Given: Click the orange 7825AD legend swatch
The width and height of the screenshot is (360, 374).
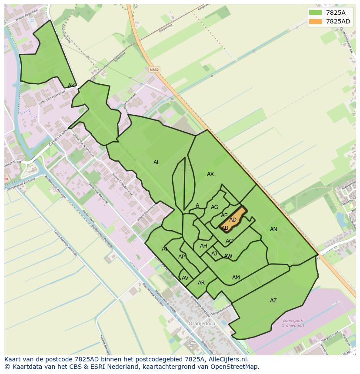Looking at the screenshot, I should pyautogui.click(x=316, y=22).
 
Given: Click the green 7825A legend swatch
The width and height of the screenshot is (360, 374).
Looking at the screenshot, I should pyautogui.click(x=316, y=13).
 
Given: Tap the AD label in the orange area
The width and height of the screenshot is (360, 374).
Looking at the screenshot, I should pyautogui.click(x=233, y=220).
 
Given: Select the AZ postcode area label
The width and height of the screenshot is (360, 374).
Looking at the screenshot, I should pyautogui.click(x=273, y=301).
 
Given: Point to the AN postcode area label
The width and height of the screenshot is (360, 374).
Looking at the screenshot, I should pyautogui.click(x=273, y=229).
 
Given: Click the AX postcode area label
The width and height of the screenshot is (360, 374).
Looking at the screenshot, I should pyautogui.click(x=210, y=174).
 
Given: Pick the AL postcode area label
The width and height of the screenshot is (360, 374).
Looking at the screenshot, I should pyautogui.click(x=157, y=162).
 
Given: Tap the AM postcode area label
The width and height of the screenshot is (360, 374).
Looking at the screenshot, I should pyautogui.click(x=236, y=278).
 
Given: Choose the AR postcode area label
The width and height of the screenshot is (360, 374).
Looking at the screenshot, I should pyautogui.click(x=201, y=283).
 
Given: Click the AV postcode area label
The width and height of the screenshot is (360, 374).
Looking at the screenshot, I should pyautogui.click(x=185, y=278).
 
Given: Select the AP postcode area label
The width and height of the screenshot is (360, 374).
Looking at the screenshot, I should pyautogui.click(x=182, y=257).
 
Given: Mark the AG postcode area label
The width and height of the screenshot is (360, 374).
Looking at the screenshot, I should pyautogui.click(x=214, y=207).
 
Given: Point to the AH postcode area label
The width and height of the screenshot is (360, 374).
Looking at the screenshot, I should pyautogui.click(x=203, y=246).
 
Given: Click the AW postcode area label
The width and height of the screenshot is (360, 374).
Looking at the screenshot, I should pyautogui.click(x=228, y=256).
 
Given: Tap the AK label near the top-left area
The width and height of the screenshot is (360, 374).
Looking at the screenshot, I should pyautogui.click(x=71, y=86).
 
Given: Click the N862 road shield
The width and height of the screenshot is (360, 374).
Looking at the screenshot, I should pyautogui.click(x=153, y=70).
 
